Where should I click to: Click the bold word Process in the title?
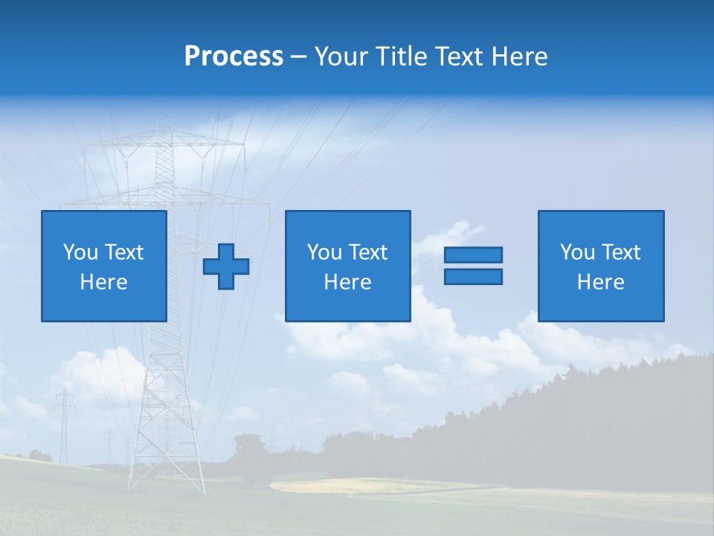tap(234, 57)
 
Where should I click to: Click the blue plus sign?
tap(226, 267)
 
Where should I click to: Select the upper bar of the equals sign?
tap(473, 255)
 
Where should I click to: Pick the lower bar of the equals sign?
tap(473, 276)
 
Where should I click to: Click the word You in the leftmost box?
tap(80, 252)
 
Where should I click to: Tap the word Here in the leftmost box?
tap(104, 282)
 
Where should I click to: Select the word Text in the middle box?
tap(367, 252)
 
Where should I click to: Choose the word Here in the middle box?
tap(348, 282)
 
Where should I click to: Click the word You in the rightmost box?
tap(577, 252)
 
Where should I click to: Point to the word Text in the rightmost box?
tap(620, 252)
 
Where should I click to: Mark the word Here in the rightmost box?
tap(601, 282)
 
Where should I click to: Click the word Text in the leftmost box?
tap(123, 252)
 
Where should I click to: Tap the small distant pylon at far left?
tap(64, 424)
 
